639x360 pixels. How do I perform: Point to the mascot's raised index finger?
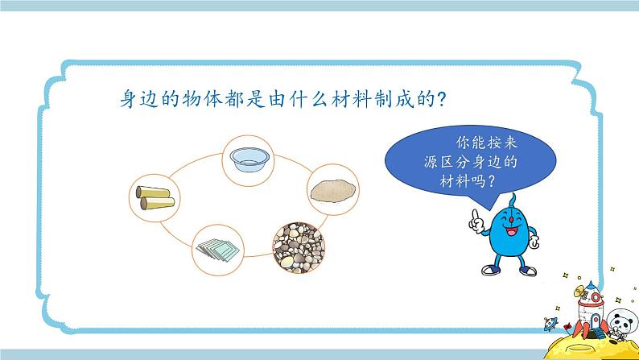point(475,212)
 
